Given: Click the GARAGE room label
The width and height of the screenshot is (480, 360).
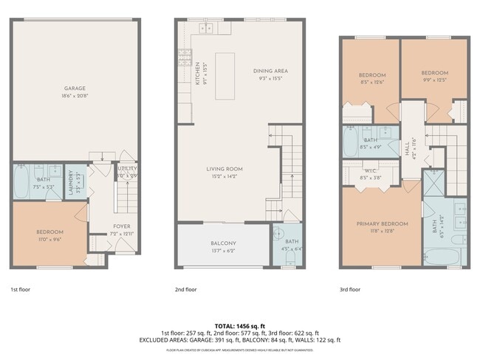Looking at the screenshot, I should [74, 89].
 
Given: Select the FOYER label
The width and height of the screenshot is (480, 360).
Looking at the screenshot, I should [121, 226].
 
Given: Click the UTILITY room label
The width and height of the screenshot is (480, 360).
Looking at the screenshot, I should [127, 169].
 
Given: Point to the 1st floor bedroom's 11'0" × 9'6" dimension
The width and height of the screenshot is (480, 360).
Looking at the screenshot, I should [49, 239].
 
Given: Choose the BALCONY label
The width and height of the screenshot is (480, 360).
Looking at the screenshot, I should [223, 243].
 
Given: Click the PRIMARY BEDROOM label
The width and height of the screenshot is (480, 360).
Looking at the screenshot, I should [382, 224].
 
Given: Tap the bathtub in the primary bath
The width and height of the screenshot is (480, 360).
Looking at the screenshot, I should [443, 256].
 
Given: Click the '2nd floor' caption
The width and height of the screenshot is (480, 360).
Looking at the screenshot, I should [185, 290].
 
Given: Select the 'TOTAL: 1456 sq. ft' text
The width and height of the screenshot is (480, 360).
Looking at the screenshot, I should [240, 325].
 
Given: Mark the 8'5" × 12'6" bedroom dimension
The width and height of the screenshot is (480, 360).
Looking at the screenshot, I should [372, 81].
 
